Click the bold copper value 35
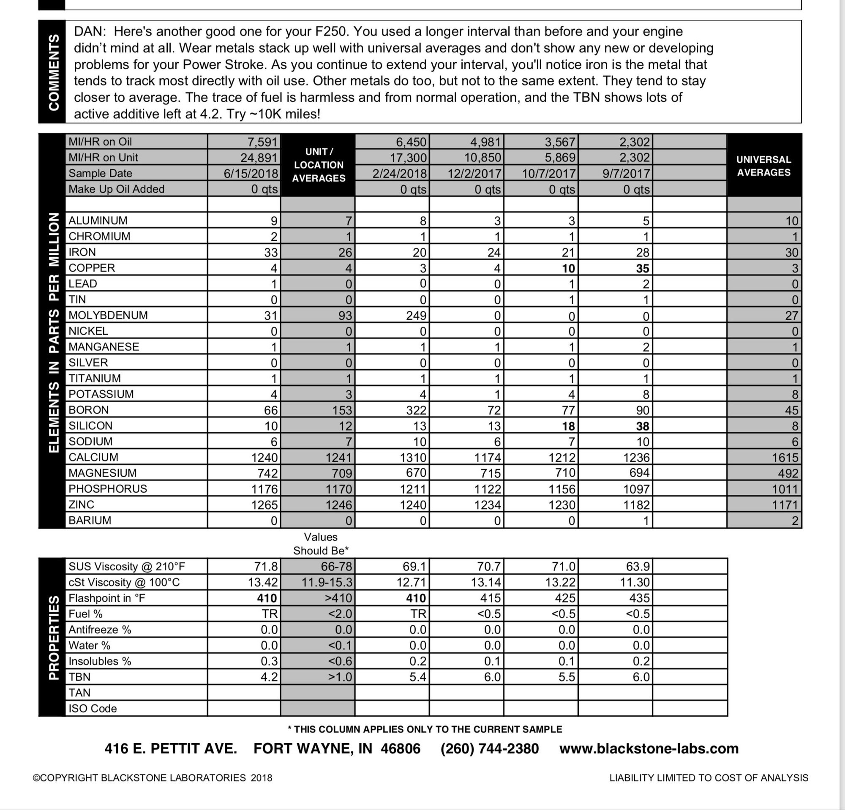pyautogui.click(x=642, y=268)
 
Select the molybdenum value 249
pyautogui.click(x=416, y=316)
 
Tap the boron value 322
pyautogui.click(x=416, y=410)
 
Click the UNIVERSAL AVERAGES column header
pyautogui.click(x=763, y=166)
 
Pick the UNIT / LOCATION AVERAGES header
pyautogui.click(x=318, y=165)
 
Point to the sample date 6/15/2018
pyautogui.click(x=251, y=173)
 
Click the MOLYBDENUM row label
pyautogui.click(x=108, y=315)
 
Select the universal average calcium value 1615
pyautogui.click(x=785, y=457)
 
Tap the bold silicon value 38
pyautogui.click(x=642, y=426)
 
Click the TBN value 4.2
pyautogui.click(x=269, y=677)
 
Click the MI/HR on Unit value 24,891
pyautogui.click(x=259, y=158)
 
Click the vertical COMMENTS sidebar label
pyautogui.click(x=53, y=72)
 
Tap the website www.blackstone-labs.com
pyautogui.click(x=649, y=748)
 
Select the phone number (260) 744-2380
pyautogui.click(x=489, y=748)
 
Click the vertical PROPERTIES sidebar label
pyautogui.click(x=53, y=638)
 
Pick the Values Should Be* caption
pyautogui.click(x=320, y=544)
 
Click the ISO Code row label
pyautogui.click(x=92, y=708)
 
